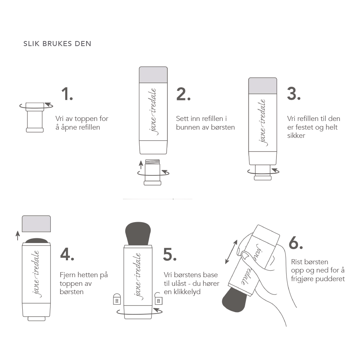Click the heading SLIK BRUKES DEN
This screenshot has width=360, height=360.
point(57,44)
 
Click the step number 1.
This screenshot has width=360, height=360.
point(67,94)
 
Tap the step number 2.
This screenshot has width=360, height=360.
point(183,94)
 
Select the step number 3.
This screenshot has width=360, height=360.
point(294,94)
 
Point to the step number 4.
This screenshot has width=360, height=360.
point(67,254)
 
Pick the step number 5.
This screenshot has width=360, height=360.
point(170,254)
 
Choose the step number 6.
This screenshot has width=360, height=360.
point(296,244)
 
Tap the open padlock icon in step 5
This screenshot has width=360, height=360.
point(158,299)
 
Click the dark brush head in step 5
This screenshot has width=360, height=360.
point(139,234)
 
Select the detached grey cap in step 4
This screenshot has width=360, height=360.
point(36,223)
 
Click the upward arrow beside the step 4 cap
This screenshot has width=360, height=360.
point(18,235)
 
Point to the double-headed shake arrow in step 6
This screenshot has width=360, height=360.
point(231,252)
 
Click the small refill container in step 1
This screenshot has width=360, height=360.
point(35,117)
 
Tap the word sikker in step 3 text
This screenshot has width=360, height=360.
point(296,136)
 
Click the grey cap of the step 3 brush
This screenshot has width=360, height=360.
point(263,86)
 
